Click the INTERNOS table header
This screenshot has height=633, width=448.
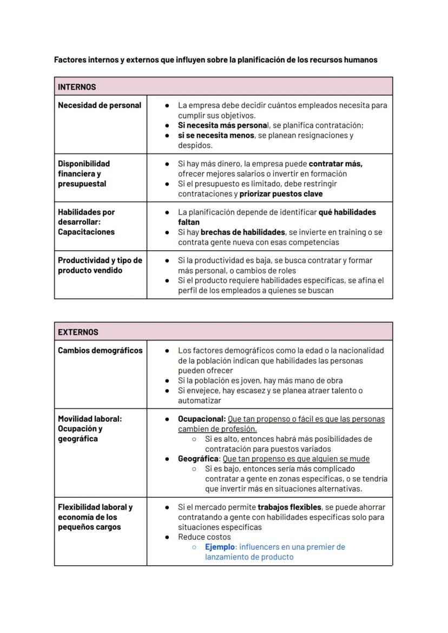click(x=77, y=87)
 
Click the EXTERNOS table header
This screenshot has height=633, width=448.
click(x=78, y=332)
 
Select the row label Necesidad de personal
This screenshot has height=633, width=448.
click(x=100, y=105)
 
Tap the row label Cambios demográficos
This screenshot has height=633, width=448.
click(x=100, y=350)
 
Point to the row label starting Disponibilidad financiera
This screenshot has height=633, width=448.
click(x=84, y=173)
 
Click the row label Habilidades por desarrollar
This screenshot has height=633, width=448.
click(x=87, y=221)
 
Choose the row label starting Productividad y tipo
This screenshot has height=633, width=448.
click(x=100, y=265)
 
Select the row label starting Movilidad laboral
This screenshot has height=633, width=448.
click(x=90, y=428)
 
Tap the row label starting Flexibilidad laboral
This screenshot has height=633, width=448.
click(x=95, y=517)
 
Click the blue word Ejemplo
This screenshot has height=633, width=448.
click(x=220, y=547)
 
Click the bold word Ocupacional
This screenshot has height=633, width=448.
click(x=201, y=419)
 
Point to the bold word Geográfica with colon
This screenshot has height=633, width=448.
click(x=199, y=459)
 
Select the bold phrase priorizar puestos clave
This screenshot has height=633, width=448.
click(x=281, y=194)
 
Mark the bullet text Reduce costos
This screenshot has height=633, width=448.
click(x=204, y=537)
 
